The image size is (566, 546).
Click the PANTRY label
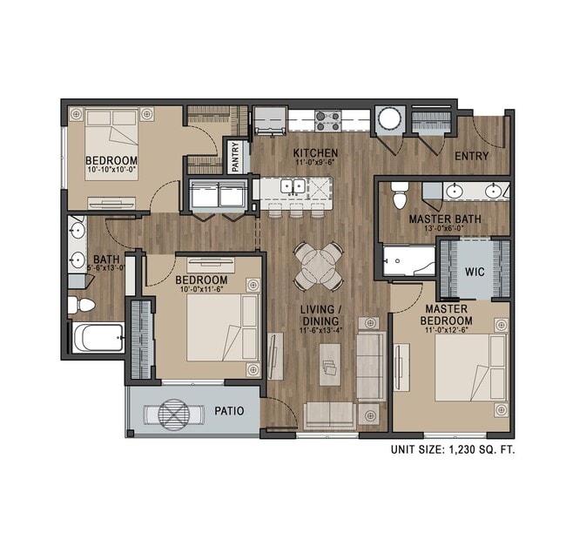[236, 158]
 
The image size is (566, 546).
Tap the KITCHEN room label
[314, 152]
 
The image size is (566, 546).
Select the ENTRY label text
[471, 157]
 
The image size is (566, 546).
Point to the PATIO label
[229, 411]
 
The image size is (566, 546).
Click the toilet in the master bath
[399, 195]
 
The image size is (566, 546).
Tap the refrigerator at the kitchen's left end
[268, 120]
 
